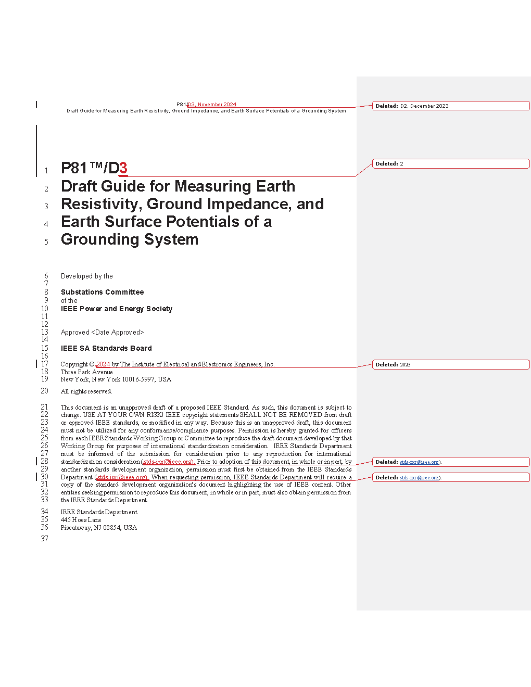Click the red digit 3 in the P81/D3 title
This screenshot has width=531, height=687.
(123, 168)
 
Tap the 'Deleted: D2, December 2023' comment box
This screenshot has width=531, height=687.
(450, 106)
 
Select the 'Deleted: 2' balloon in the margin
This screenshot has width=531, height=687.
(450, 163)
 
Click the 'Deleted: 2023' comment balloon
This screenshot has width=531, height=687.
(450, 364)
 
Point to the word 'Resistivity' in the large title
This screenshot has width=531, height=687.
(102, 204)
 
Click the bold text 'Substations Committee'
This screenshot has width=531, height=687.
(102, 292)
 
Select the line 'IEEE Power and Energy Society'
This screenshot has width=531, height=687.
(116, 309)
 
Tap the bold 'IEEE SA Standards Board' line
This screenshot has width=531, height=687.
(106, 348)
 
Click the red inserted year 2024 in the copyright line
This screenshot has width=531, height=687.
(103, 364)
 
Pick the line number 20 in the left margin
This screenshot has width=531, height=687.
(45, 391)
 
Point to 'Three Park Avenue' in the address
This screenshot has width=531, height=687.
(86, 372)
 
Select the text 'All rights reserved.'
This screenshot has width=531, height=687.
(86, 391)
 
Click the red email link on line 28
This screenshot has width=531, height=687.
(168, 462)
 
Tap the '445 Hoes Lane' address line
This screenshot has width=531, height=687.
(81, 520)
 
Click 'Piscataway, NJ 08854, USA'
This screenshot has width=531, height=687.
(98, 528)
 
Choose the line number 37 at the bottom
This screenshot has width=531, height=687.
(45, 539)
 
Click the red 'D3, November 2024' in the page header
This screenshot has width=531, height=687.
(212, 105)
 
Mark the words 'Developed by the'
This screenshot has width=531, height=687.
(86, 276)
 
